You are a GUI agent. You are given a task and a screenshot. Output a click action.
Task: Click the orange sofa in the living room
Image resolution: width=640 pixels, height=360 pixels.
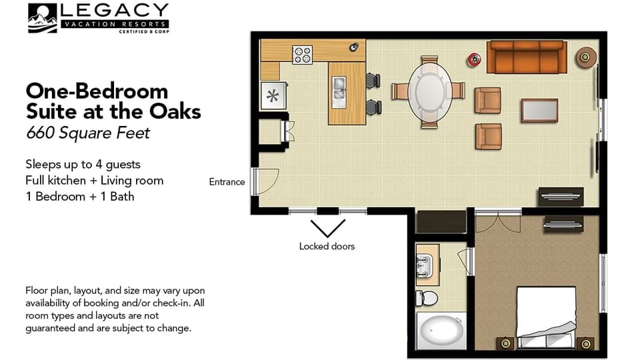point(526,57)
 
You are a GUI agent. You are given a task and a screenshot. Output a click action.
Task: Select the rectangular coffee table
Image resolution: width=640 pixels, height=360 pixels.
point(539,110)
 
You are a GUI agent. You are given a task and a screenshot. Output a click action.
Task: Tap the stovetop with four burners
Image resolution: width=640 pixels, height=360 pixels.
point(303,54)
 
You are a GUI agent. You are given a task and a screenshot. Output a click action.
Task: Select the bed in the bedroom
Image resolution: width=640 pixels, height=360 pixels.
point(546,317)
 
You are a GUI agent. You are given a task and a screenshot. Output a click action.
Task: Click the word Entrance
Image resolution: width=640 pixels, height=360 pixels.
point(227,182)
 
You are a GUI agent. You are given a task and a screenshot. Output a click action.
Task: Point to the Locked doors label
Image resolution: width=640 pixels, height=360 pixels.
point(327,246)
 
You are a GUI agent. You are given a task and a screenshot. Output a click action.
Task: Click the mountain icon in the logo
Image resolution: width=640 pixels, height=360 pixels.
point(42,18)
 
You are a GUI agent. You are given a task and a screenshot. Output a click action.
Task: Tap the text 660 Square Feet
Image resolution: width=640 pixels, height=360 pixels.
point(88,133)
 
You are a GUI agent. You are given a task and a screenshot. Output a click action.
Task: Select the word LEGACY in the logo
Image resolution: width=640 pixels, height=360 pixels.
point(114,11)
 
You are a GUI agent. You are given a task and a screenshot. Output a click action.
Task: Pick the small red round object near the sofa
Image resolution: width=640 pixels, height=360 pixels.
point(474,59)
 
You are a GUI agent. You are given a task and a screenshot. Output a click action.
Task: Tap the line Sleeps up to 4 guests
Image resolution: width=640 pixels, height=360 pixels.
point(83,164)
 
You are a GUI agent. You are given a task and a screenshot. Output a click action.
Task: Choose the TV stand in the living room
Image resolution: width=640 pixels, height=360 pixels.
point(561,196)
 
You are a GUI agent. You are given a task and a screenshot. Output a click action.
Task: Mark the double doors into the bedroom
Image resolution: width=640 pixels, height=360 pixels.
point(498,221)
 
